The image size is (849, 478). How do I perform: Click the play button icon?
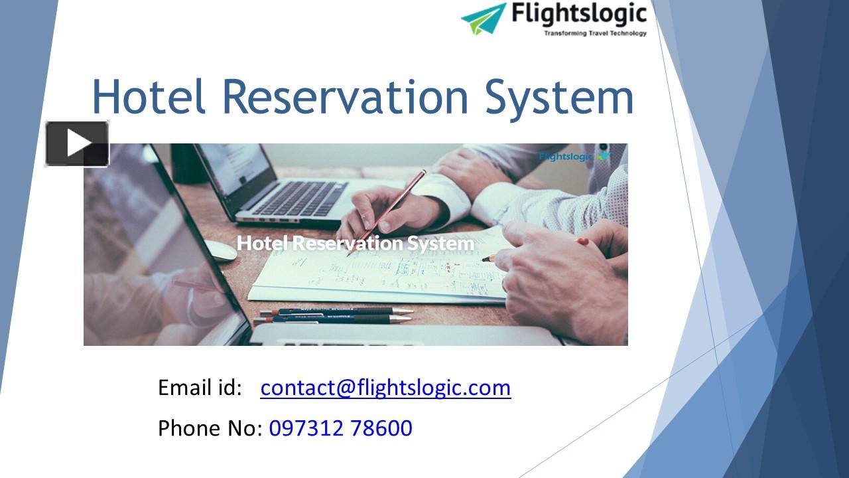point(77,143)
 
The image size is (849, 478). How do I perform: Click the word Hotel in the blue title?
point(150,97)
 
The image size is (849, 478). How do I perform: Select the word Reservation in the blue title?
point(346,97)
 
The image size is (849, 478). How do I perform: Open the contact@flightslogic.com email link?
point(385,387)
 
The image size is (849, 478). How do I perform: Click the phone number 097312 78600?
point(340,428)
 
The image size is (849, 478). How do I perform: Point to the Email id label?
point(200,387)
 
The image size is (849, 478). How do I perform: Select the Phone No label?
point(210,428)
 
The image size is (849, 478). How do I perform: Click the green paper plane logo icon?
point(484,18)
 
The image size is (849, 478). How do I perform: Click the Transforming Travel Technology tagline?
point(595,33)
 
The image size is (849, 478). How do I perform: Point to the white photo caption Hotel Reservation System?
point(356,243)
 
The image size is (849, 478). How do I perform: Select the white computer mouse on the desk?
point(220,250)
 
